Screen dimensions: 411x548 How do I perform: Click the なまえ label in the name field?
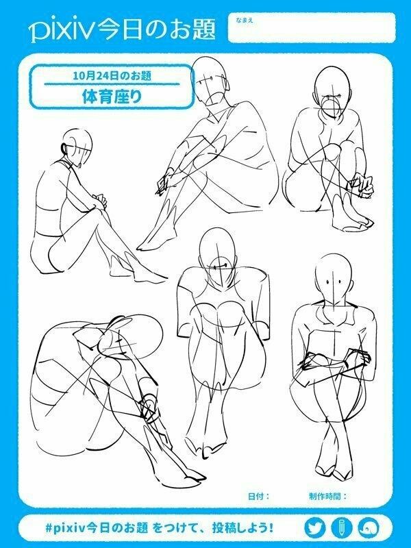click(244, 21)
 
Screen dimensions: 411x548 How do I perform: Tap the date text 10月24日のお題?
click(112, 75)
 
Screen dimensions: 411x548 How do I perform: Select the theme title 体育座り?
click(112, 96)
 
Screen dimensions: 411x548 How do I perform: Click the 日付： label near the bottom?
click(259, 496)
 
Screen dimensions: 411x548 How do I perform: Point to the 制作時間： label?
click(327, 496)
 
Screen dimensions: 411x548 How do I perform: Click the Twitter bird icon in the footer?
click(314, 527)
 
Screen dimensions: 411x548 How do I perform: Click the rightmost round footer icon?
click(369, 527)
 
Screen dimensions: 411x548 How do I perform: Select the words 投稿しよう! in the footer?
click(243, 527)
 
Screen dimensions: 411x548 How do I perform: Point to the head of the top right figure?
click(332, 91)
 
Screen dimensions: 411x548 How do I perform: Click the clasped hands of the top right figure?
click(361, 186)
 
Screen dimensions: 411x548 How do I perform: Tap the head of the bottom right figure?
click(333, 279)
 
